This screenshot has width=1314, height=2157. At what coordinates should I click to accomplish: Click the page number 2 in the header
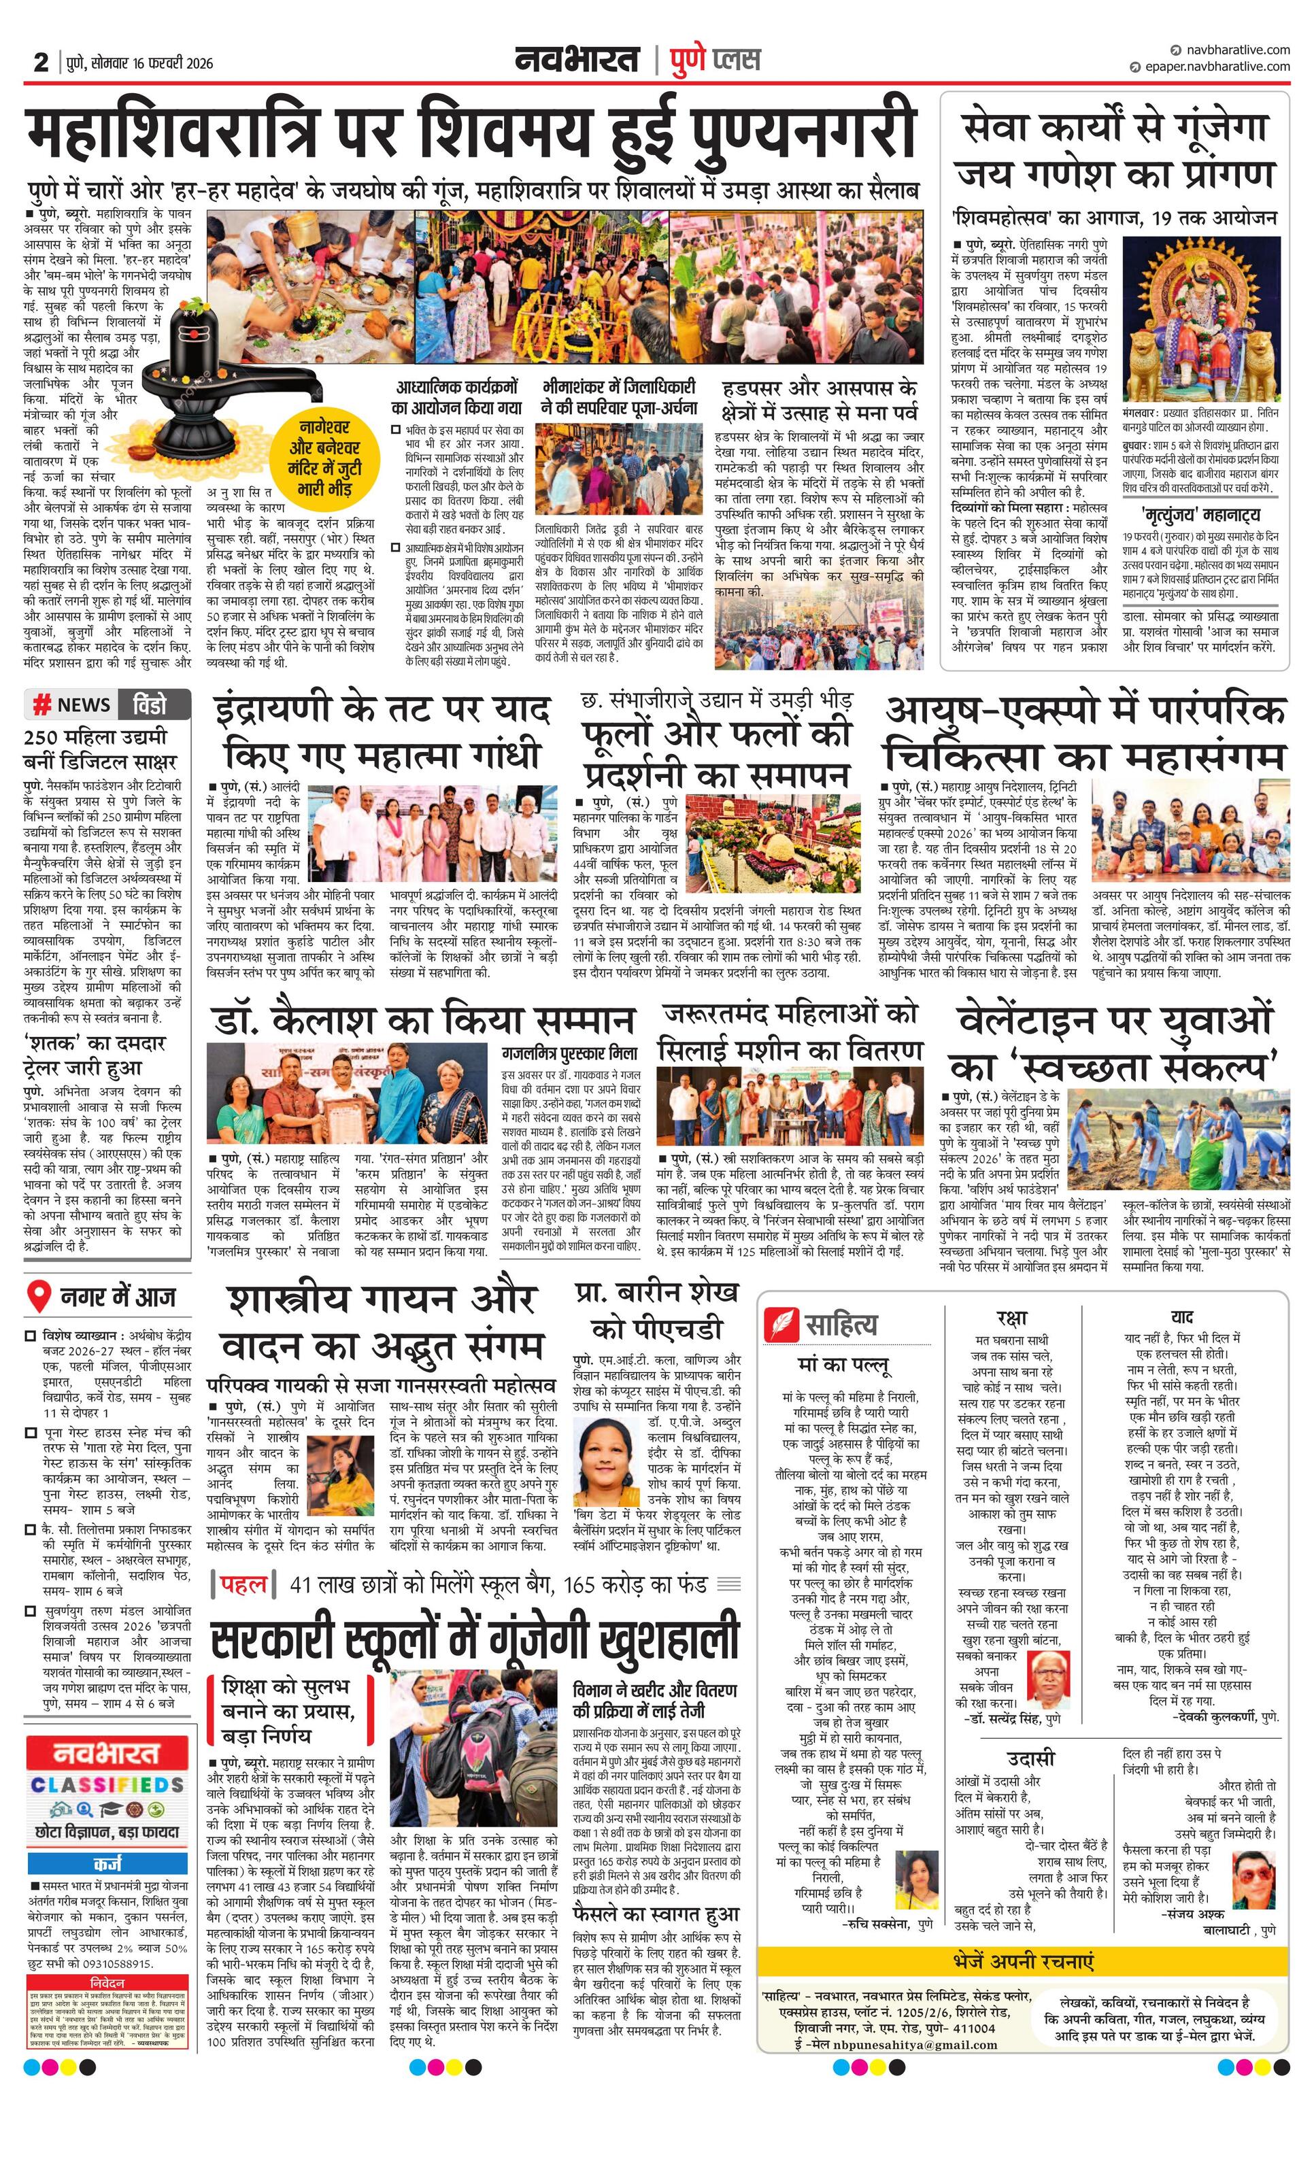40,62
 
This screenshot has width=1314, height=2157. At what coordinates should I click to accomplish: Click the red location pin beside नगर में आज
39,1297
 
